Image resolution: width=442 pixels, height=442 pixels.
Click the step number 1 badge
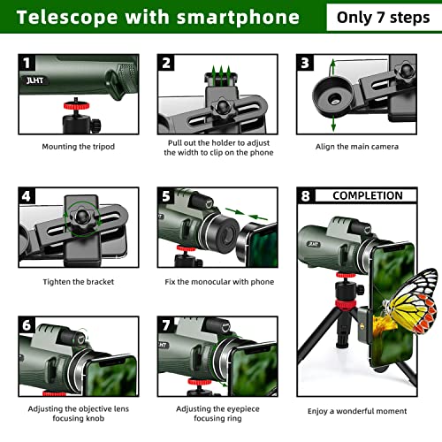pyautogui.click(x=27, y=63)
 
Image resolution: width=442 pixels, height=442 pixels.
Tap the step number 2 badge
pyautogui.click(x=166, y=63)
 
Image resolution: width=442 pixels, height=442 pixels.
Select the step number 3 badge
pyautogui.click(x=306, y=63)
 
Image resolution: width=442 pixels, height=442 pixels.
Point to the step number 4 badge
pyautogui.click(x=27, y=196)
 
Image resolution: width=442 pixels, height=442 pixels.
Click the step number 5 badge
pyautogui.click(x=166, y=196)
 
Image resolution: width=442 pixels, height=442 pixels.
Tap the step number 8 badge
pyautogui.click(x=307, y=196)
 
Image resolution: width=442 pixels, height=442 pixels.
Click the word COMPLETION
pyautogui.click(x=367, y=195)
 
